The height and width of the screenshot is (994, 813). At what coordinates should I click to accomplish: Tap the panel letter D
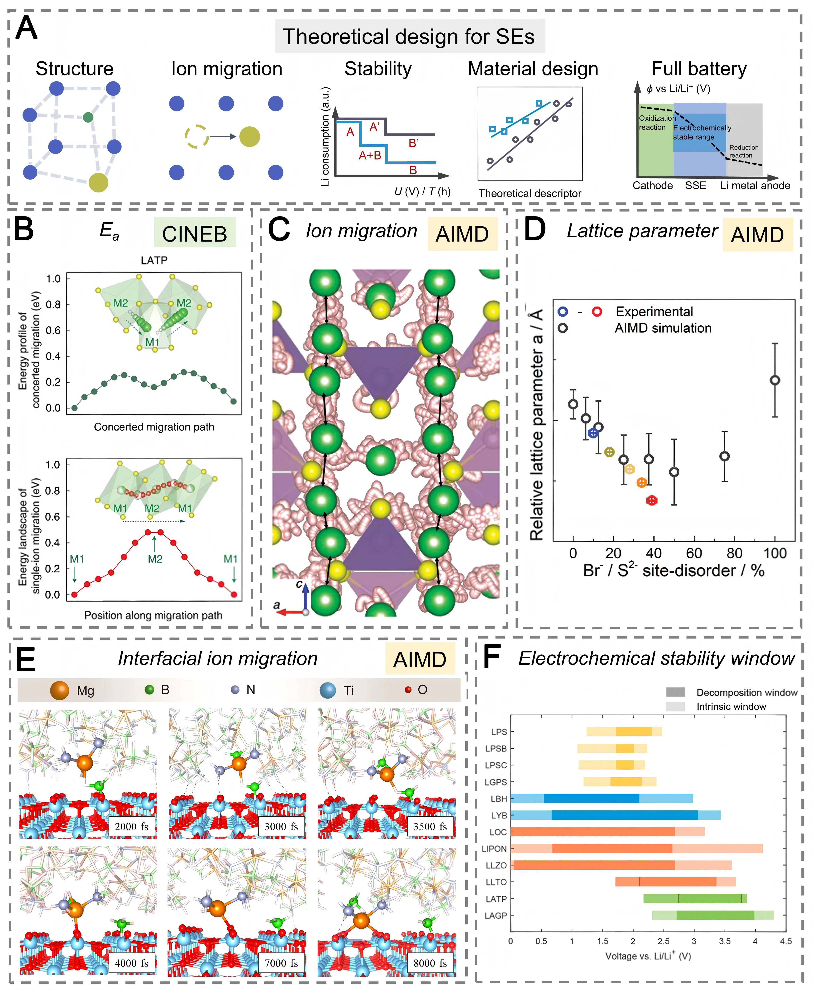click(535, 230)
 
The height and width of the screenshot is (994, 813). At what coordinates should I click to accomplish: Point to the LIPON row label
click(494, 848)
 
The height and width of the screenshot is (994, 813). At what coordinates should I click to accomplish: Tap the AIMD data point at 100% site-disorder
click(775, 380)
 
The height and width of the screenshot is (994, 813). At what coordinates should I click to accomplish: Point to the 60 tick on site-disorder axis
click(694, 554)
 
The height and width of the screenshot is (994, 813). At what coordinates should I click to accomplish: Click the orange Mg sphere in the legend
click(60, 690)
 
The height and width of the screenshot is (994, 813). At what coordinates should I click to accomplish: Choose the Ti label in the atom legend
click(348, 690)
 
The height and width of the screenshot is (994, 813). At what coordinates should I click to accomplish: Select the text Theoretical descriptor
click(530, 193)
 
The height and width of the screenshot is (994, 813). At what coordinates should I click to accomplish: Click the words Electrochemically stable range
click(702, 132)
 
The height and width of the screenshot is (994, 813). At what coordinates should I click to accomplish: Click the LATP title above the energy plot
click(154, 260)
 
